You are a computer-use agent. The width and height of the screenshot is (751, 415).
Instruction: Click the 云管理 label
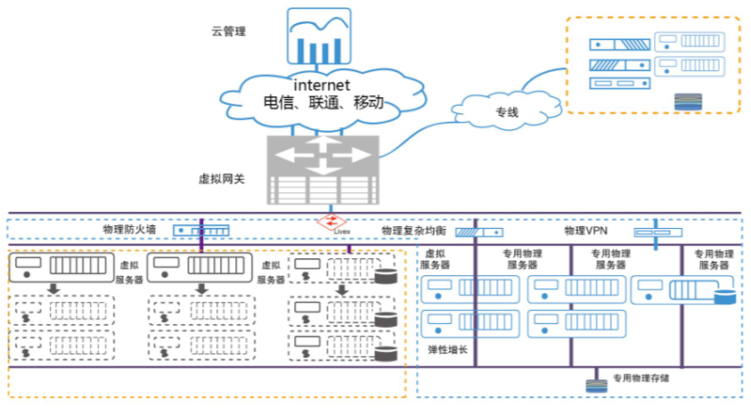(228, 32)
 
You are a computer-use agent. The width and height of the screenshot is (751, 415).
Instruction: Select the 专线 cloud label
(507, 112)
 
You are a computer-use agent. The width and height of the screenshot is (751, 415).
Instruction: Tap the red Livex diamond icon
(331, 223)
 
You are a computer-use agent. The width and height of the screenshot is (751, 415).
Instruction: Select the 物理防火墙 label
(128, 230)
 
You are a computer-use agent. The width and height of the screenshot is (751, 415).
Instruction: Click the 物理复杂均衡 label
(412, 231)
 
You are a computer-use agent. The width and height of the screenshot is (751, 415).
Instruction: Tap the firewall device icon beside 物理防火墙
(201, 231)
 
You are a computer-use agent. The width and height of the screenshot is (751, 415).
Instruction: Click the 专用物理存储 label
(641, 378)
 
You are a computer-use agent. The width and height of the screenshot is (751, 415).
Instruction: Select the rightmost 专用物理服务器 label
(714, 259)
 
